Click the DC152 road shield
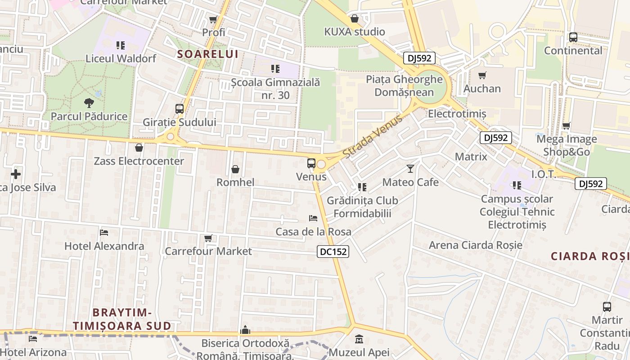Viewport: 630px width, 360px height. [x=333, y=252]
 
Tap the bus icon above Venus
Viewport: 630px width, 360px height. [x=311, y=163]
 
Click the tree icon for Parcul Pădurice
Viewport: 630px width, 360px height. [x=89, y=103]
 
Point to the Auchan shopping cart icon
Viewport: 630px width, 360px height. [x=482, y=75]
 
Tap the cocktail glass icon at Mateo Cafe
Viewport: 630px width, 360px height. [x=410, y=169]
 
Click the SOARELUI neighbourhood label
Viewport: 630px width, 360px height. [x=207, y=54]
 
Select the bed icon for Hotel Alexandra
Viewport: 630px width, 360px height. [x=104, y=233]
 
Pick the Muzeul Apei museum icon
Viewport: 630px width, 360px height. [x=359, y=339]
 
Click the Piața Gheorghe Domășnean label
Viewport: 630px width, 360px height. [x=404, y=86]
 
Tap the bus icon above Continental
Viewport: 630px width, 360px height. [x=573, y=37]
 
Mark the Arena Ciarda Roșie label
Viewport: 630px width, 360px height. [x=476, y=245]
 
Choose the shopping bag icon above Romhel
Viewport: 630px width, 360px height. [x=235, y=169]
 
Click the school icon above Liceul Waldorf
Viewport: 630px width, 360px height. [x=120, y=45]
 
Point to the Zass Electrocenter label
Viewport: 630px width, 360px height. [x=139, y=161]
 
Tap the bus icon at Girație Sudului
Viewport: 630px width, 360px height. [x=180, y=109]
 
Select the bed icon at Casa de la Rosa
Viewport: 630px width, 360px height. [x=313, y=218]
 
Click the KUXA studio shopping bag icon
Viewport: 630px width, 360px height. [x=355, y=18]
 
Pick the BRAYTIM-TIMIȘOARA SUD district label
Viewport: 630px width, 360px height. [x=122, y=319]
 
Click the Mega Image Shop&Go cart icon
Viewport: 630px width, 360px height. [x=567, y=126]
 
